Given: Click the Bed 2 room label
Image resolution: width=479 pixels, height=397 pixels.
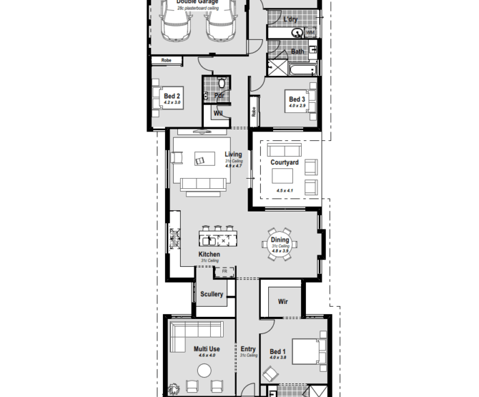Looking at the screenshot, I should tap(172, 97).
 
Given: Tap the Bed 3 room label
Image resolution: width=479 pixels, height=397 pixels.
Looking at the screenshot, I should tap(297, 99).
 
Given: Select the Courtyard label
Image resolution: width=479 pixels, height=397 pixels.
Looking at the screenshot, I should tap(285, 162).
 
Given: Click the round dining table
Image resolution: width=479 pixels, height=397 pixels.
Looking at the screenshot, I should tap(280, 244).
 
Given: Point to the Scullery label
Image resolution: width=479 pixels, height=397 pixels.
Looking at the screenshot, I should tap(212, 294).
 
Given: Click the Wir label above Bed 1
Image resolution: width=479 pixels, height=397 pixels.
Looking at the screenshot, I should tap(283, 301).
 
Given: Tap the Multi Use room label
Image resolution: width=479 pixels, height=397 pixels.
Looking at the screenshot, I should tap(207, 349).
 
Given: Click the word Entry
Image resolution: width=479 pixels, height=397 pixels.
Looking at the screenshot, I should tap(248, 350).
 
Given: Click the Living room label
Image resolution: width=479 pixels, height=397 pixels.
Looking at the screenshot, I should tap(233, 155).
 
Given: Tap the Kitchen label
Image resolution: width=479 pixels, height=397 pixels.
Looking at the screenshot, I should tap(209, 255).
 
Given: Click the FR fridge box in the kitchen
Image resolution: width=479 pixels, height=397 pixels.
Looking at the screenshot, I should tap(224, 271).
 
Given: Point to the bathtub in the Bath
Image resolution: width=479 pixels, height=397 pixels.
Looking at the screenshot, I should tap(302, 69).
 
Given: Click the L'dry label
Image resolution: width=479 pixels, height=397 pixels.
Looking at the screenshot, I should tap(291, 19).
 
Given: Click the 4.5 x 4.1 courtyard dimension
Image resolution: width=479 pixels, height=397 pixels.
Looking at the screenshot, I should tap(285, 190).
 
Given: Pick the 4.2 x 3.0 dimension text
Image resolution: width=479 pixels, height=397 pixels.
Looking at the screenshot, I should tap(172, 103).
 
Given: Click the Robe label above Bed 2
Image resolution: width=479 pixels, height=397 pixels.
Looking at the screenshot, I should tap(166, 60).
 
